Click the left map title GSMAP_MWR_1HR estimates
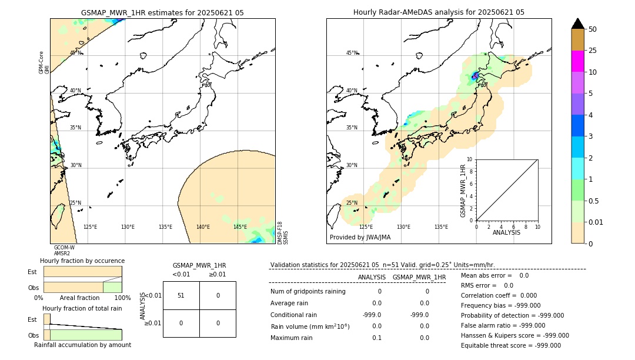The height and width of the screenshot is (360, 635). [x=162, y=12]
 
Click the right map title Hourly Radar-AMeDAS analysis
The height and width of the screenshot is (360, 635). [x=439, y=12]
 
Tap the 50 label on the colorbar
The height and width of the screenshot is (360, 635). [x=593, y=29]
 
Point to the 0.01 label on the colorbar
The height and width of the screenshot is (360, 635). [x=596, y=222]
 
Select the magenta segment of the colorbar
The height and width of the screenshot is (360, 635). [x=577, y=61]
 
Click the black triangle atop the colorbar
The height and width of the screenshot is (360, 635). [x=577, y=24]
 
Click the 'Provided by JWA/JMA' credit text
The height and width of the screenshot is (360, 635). [x=360, y=238]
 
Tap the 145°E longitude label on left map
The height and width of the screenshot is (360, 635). [x=240, y=227]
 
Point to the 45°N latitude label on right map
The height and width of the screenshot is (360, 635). [x=352, y=53]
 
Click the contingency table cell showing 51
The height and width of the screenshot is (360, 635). [x=181, y=295]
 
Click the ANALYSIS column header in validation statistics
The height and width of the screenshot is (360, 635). [x=372, y=277]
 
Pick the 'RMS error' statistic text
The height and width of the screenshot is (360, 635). [x=487, y=285]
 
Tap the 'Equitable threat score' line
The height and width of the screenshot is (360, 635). [x=510, y=345]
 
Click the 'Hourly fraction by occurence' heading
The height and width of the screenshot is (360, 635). [x=82, y=261]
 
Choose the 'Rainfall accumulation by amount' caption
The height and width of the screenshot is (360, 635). [x=82, y=345]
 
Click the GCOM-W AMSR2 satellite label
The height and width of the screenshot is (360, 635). [x=64, y=251]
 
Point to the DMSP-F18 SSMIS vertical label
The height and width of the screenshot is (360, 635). [x=283, y=233]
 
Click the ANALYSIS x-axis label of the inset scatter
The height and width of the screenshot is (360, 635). [x=506, y=232]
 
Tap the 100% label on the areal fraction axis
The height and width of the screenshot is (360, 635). [x=122, y=298]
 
